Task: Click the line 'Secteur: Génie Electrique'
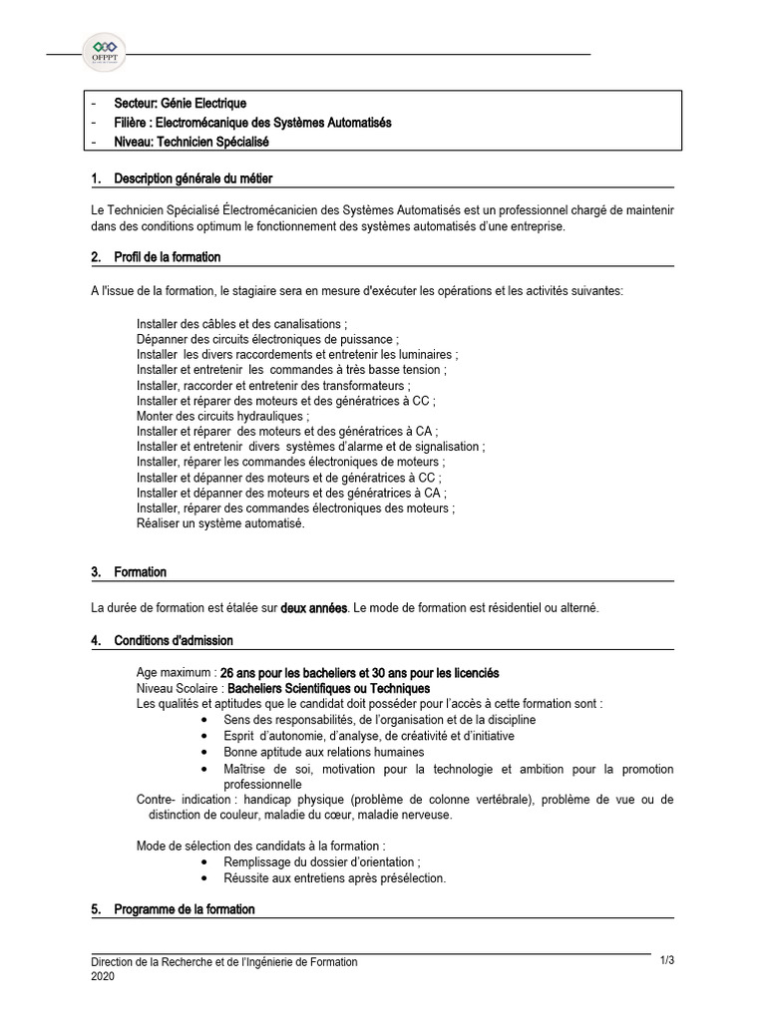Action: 181,103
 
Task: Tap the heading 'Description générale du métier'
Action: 193,178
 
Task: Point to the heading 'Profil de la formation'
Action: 168,257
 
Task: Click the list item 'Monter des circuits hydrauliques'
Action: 222,416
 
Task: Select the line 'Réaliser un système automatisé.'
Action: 220,523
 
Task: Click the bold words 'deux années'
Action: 314,607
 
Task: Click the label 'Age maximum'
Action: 175,673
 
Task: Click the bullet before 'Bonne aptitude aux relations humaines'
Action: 204,752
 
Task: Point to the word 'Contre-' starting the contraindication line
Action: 156,800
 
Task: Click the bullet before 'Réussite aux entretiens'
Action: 204,878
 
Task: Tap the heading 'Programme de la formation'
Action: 185,909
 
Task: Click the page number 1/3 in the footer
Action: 667,960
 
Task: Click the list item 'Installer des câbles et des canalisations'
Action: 241,324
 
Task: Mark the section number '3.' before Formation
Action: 97,572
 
